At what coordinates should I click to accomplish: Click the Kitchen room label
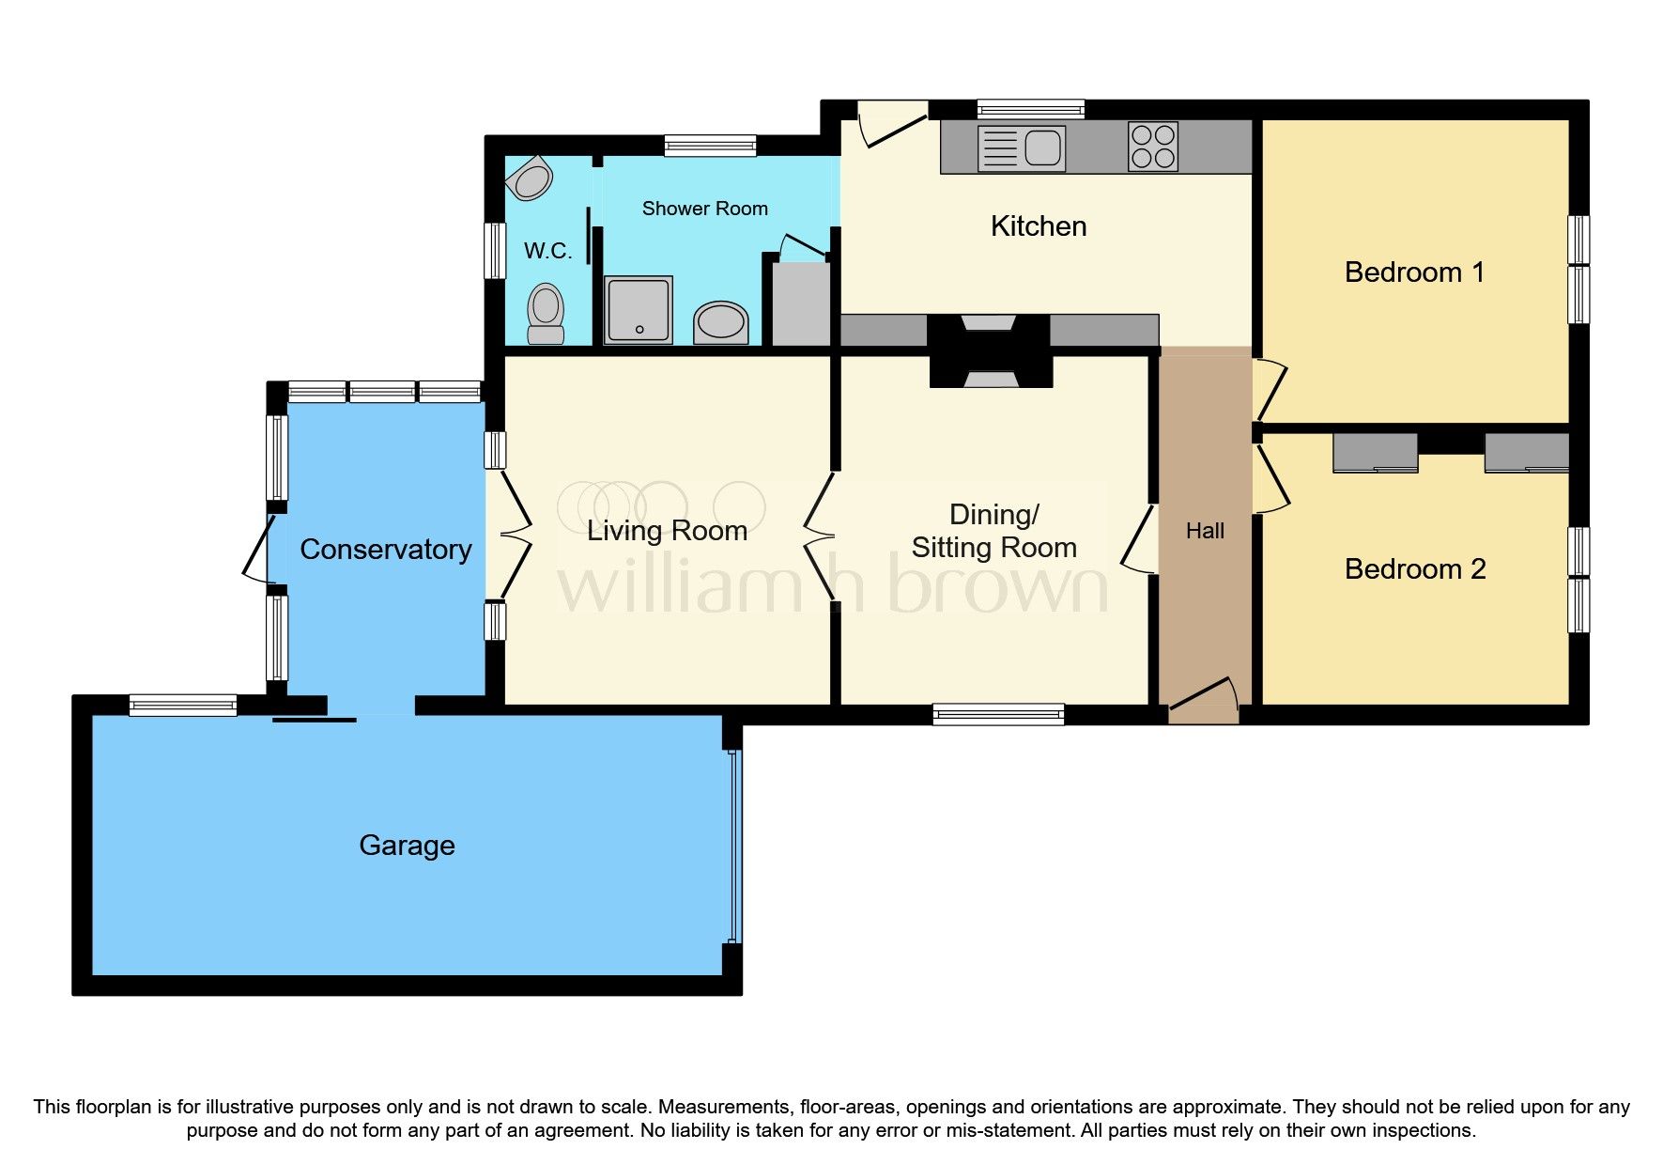1039,226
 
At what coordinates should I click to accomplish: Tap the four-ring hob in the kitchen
1153,148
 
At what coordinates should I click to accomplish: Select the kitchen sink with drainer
1022,148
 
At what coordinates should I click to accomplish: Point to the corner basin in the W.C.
531,179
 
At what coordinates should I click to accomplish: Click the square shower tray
639,309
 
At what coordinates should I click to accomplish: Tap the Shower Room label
704,209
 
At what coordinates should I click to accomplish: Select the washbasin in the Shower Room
721,322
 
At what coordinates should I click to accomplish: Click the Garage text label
407,846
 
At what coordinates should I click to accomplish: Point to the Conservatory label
385,550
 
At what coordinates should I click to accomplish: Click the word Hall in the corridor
1205,532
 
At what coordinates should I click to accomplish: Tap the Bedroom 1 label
1414,272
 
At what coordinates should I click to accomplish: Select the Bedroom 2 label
1414,569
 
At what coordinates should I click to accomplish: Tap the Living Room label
667,532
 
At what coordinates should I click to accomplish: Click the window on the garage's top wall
183,705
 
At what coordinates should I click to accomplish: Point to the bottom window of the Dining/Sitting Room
998,715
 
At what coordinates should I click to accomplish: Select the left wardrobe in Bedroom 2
1376,452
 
